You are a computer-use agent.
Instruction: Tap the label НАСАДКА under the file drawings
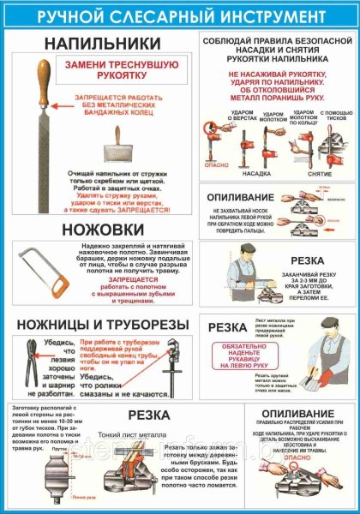coord(252,170)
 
